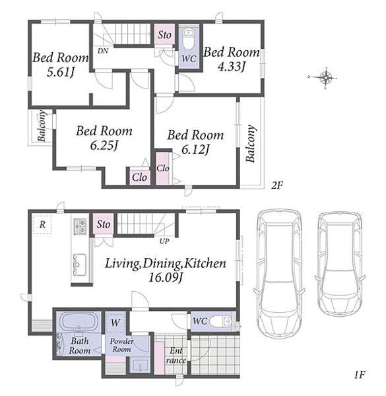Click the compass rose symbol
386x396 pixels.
tap(326, 77)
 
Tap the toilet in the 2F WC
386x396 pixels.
tap(188, 39)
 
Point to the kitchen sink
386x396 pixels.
tap(80, 265)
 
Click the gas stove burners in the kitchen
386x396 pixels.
tap(80, 226)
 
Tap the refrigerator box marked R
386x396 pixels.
tap(42, 224)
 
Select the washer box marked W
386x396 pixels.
tap(115, 323)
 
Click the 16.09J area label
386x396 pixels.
tap(166, 278)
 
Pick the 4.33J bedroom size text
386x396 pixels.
tap(232, 67)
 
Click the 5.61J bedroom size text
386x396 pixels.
tap(61, 72)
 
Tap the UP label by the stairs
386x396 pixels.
tap(164, 241)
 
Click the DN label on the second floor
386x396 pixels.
tap(103, 51)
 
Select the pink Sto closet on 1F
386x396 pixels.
tap(103, 224)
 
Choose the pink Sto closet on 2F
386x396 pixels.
tap(164, 34)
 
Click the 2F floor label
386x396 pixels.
tap(277, 185)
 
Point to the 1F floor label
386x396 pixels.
tap(359, 375)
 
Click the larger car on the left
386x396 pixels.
tap(278, 274)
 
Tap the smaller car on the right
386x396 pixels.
tap(340, 264)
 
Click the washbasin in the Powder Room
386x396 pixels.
tap(140, 365)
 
